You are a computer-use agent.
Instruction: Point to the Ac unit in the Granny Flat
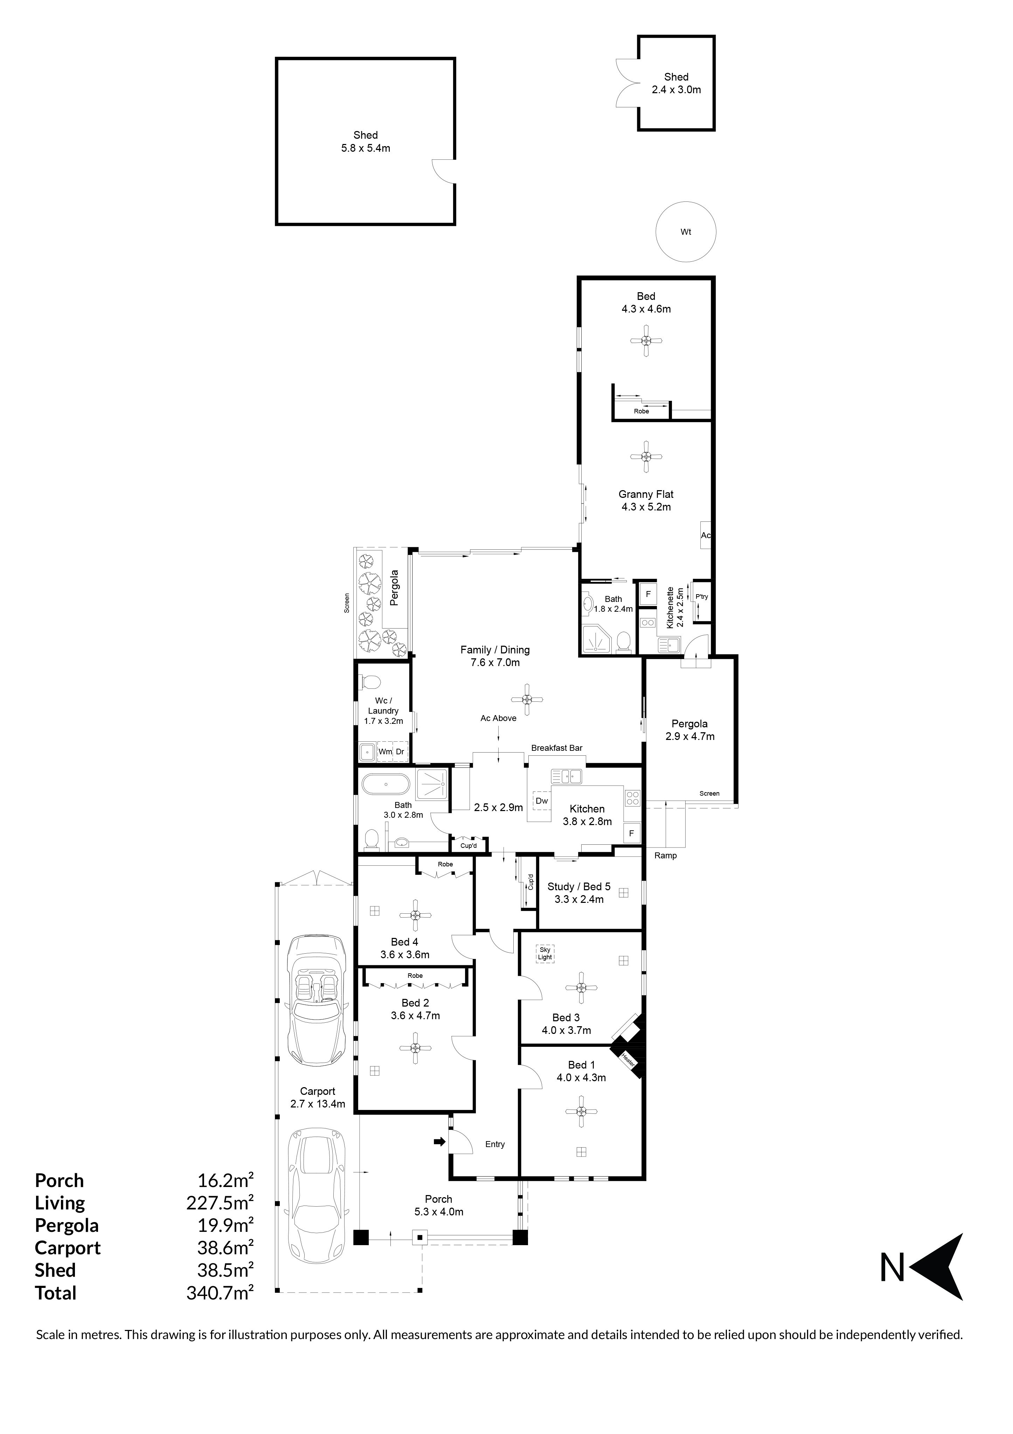pos(705,535)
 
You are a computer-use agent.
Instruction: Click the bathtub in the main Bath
pos(386,784)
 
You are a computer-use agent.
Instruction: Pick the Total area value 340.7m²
pos(220,1292)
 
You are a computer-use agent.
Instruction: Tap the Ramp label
pos(665,856)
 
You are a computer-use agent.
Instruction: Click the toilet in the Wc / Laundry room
pos(372,680)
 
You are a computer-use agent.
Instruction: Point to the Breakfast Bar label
pos(557,748)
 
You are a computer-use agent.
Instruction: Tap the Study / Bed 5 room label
pos(578,887)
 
